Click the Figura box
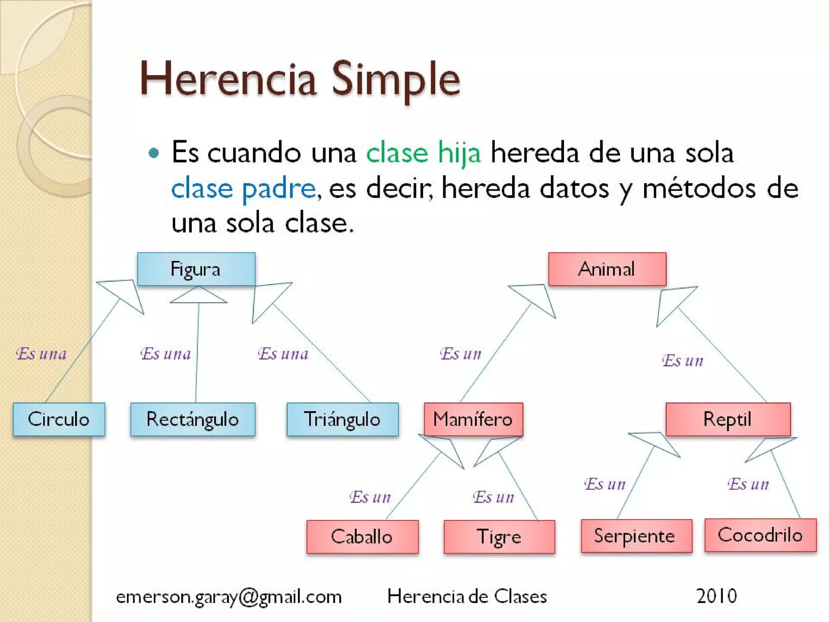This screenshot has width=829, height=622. [x=196, y=269]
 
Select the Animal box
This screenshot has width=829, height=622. [x=607, y=269]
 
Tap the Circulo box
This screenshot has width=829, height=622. [x=59, y=419]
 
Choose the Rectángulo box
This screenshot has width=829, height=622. [x=193, y=419]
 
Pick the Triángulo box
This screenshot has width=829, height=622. [x=342, y=419]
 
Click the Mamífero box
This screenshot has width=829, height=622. [x=473, y=419]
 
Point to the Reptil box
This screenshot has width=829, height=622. [x=728, y=419]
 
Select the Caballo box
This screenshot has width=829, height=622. [x=362, y=537]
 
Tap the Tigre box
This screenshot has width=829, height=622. [x=499, y=537]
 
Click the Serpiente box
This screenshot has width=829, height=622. [x=636, y=536]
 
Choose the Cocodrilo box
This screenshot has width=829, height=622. [x=760, y=535]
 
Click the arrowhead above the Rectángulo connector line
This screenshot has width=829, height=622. [x=198, y=296]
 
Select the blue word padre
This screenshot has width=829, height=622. [x=278, y=189]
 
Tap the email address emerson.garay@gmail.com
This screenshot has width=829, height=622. [x=229, y=596]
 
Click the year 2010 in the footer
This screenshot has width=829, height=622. [x=716, y=596]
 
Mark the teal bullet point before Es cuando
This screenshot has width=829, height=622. [x=154, y=153]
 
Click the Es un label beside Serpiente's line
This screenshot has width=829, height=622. [x=605, y=484]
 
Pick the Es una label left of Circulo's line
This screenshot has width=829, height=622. [x=41, y=354]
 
